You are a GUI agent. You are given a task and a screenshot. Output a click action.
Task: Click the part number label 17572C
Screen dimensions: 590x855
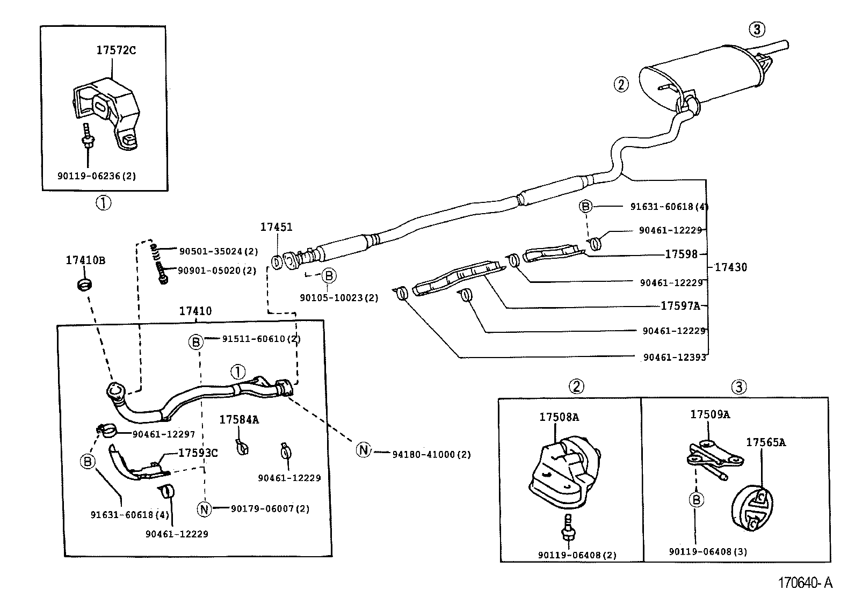click(x=115, y=50)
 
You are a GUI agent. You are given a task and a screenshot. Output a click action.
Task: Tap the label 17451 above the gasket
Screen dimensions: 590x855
click(x=276, y=227)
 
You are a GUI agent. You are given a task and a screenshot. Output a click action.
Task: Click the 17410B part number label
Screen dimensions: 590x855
click(x=85, y=260)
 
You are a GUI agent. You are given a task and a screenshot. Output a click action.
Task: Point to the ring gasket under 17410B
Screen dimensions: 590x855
click(x=83, y=283)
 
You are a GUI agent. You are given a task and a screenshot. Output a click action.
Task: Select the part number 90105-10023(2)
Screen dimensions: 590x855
click(x=339, y=297)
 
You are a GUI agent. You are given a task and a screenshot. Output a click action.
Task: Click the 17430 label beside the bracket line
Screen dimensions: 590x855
click(x=730, y=267)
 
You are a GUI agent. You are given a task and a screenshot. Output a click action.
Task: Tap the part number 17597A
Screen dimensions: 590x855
click(x=680, y=306)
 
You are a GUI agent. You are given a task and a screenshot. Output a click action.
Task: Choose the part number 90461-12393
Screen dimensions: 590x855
click(x=674, y=356)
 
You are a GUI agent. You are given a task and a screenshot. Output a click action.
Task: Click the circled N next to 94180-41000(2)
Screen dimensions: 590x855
click(x=364, y=450)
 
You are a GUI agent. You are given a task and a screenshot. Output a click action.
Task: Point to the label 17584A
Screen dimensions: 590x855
click(x=238, y=420)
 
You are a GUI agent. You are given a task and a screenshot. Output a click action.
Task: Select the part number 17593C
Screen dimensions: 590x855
click(x=198, y=453)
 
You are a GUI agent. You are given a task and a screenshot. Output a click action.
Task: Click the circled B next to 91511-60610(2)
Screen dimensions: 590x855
click(x=196, y=341)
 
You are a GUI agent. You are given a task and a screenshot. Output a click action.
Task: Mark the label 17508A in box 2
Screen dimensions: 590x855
click(x=559, y=417)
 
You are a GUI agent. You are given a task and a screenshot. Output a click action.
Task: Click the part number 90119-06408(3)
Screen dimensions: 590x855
click(x=708, y=551)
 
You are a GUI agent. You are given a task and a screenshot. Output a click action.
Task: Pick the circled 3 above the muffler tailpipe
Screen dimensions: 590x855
click(x=757, y=30)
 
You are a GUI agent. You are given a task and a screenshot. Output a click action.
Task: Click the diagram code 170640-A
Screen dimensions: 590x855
click(x=806, y=582)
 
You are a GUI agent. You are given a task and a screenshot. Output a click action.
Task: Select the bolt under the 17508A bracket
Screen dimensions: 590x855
click(x=567, y=529)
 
